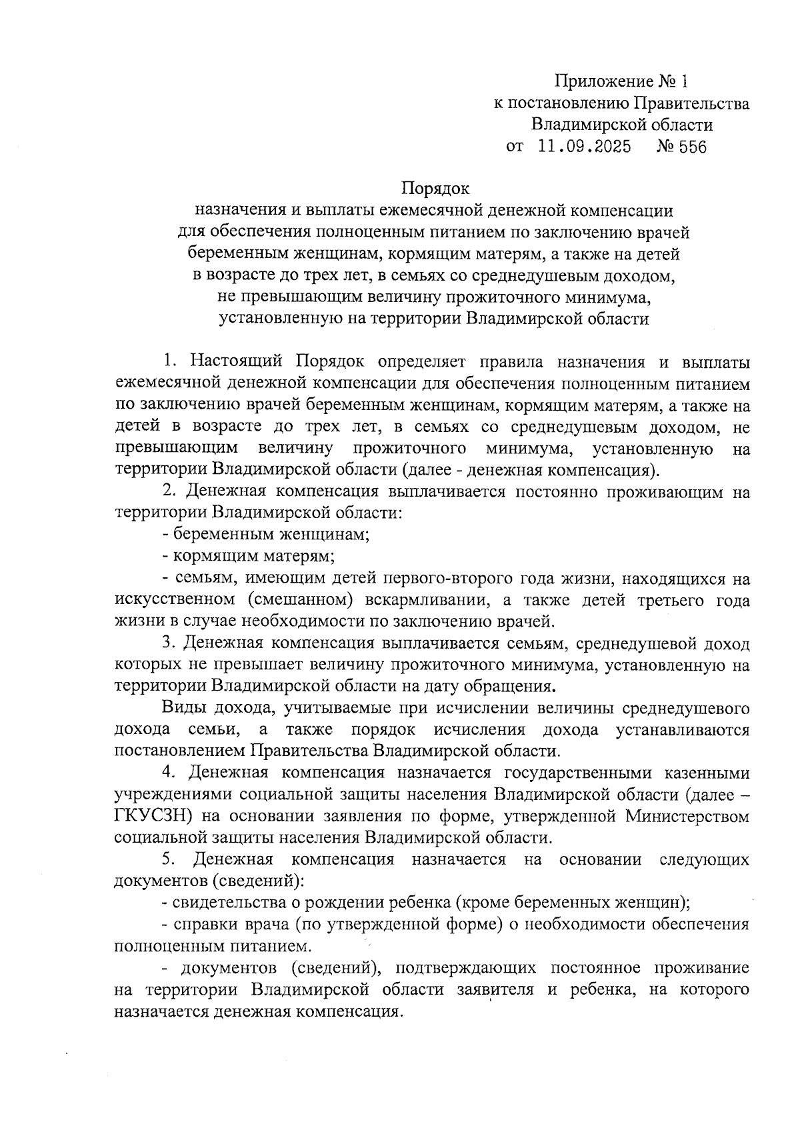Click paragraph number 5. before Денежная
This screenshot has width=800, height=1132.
pos(169,859)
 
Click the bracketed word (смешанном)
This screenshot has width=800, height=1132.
pos(297,600)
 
